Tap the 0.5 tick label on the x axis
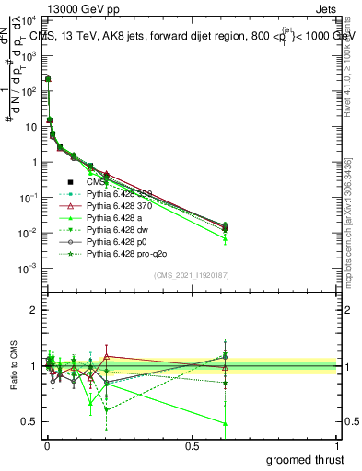coord(192,445)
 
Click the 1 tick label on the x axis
coord(336,445)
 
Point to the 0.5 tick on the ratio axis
coord(29,422)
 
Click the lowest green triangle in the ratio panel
coord(227,423)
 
